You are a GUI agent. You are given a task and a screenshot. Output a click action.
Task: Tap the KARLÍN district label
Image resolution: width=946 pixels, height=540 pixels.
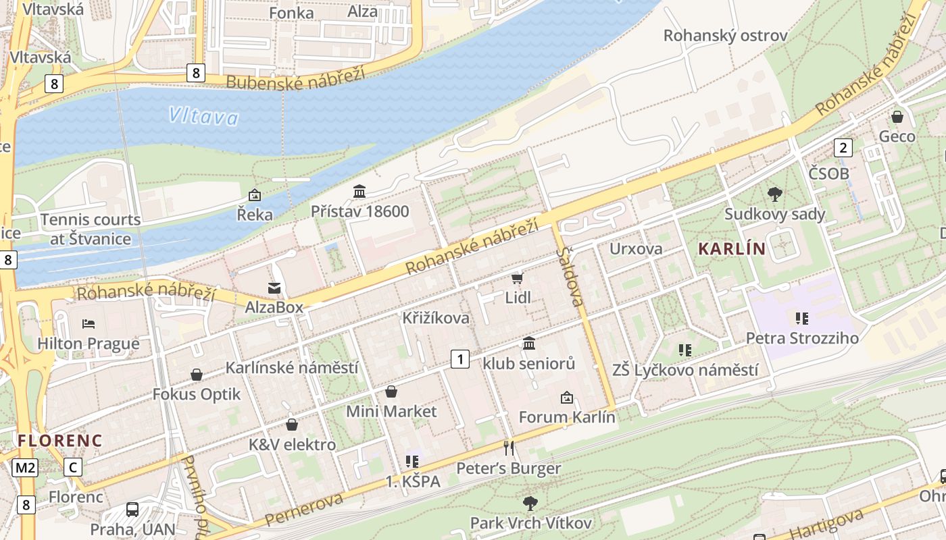point(732,249)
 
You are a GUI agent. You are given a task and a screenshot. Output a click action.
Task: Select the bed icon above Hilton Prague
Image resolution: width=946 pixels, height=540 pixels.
point(89,324)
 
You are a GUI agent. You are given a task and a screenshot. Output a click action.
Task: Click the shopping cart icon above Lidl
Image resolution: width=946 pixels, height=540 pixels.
point(518,278)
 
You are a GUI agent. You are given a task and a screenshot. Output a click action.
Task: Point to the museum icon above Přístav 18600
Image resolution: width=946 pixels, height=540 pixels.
point(359,192)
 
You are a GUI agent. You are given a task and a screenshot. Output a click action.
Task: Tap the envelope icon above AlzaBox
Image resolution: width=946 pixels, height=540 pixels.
point(274,289)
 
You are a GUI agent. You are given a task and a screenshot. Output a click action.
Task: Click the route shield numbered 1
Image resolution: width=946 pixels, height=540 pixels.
point(460,359)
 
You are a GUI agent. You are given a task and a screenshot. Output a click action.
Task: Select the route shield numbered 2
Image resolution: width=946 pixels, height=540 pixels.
point(843,147)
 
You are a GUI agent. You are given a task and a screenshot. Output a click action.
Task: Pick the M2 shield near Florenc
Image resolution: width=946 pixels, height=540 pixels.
point(26,467)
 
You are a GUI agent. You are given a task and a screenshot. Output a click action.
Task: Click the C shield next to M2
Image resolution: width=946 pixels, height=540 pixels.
point(73,467)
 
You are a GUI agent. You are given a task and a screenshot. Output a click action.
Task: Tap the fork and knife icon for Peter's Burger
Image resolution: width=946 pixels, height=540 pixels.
point(509,448)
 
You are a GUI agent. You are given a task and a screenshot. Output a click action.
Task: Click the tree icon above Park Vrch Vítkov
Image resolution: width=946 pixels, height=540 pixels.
point(530,503)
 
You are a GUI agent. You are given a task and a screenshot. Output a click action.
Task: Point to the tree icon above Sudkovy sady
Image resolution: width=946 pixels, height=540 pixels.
point(775,194)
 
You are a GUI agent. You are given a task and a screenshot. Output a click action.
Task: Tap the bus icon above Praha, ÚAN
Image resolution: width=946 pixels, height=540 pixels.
point(132,510)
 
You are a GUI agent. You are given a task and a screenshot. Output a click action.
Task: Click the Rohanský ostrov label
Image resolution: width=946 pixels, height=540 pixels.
point(725,36)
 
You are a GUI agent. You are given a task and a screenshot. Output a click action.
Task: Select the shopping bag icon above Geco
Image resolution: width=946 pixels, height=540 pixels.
point(897,117)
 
